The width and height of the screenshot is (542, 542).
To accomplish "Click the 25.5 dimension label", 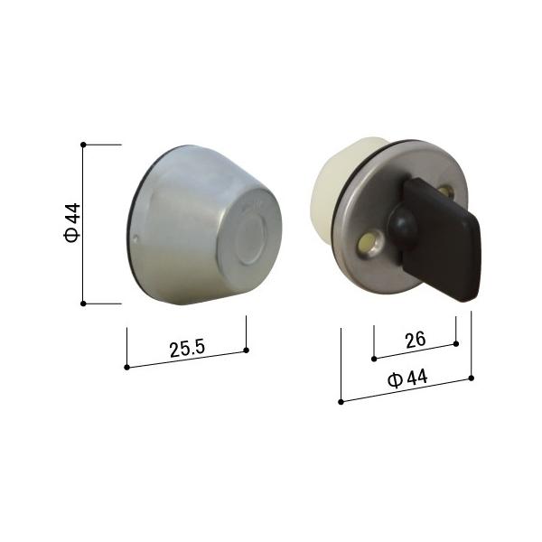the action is [187, 349].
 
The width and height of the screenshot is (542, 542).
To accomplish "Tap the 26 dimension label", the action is [416, 340].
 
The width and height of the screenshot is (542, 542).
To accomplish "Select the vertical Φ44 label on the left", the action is [72, 223].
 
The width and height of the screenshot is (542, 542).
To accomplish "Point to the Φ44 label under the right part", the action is [407, 378].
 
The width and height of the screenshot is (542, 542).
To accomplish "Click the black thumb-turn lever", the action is [442, 239].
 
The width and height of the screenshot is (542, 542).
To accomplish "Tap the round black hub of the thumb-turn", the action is [402, 225].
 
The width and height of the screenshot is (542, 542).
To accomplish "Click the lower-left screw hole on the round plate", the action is [368, 243].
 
